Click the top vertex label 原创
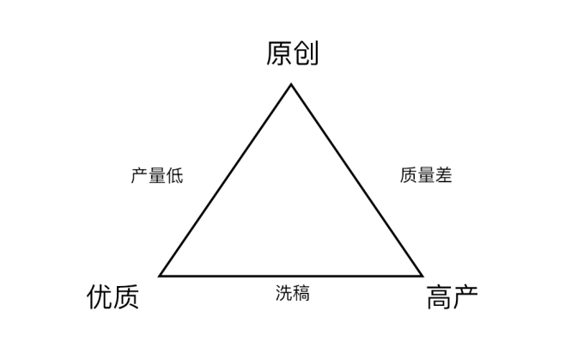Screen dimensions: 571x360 point(292,54)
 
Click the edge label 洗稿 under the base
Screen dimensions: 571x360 point(292,293)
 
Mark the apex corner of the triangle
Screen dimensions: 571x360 point(291,84)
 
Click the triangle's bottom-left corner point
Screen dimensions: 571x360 point(160,276)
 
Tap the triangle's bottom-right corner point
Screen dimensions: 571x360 point(423,276)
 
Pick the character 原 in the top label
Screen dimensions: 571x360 point(279,54)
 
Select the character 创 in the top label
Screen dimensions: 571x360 point(306,54)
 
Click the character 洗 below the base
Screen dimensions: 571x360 point(283,293)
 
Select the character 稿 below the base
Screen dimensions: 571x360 point(301,293)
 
